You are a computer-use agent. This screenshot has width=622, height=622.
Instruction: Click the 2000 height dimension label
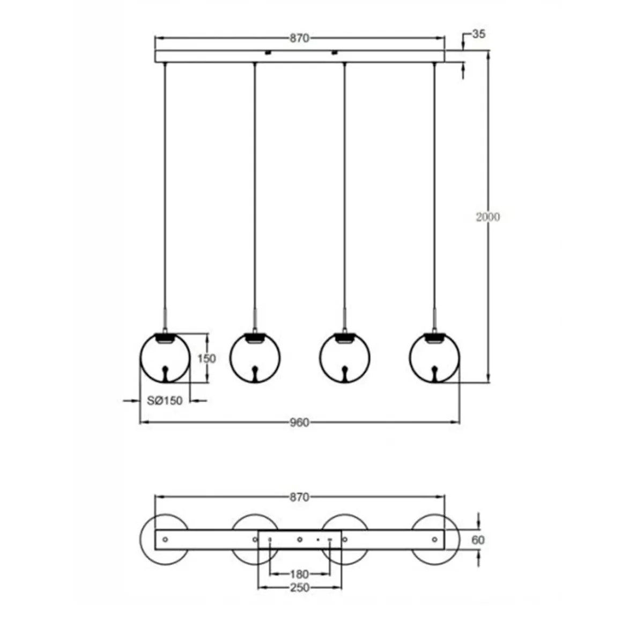[x=487, y=217]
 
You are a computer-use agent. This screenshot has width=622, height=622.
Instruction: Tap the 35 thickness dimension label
[x=478, y=34]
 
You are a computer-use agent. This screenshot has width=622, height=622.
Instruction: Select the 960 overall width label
[x=299, y=423]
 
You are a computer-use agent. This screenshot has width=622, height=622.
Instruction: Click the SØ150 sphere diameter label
[x=165, y=401]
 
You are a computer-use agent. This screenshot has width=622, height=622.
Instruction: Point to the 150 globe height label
[x=206, y=358]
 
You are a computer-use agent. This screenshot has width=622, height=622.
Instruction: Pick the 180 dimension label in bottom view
[x=299, y=574]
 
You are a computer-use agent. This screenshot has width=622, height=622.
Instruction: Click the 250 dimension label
[x=299, y=588]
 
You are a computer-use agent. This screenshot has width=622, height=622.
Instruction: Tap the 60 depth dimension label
[x=478, y=540]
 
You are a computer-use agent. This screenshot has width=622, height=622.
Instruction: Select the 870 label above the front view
[x=299, y=39]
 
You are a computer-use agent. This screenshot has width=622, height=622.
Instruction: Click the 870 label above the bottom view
[x=299, y=497]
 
